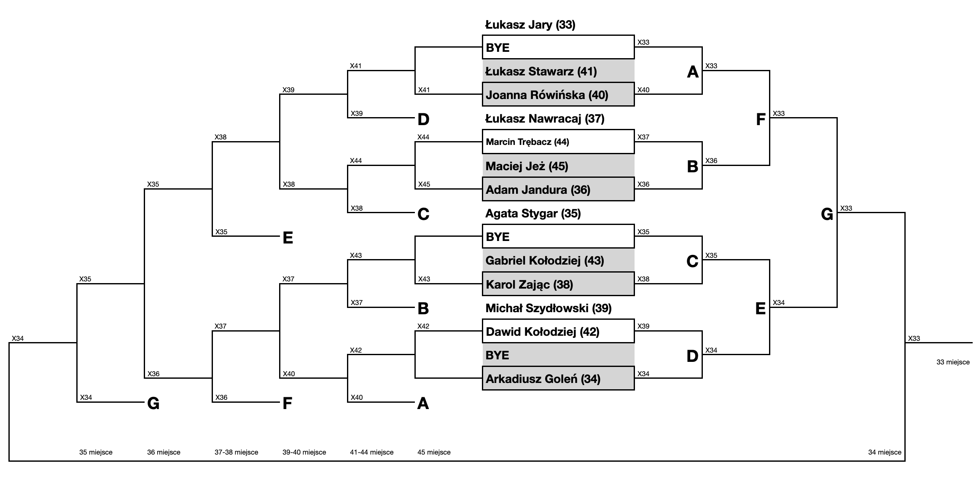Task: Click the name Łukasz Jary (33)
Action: coord(530,25)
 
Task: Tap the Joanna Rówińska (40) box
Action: coord(558,94)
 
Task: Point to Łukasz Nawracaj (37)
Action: coord(545,119)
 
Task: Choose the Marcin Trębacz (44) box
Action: coord(558,142)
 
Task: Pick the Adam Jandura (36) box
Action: coord(558,189)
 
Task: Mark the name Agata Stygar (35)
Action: coord(533,214)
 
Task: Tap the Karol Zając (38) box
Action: coord(558,284)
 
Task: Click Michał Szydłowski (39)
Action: coord(548,308)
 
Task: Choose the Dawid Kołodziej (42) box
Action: coord(558,331)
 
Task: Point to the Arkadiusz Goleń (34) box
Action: coord(558,378)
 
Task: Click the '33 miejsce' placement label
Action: coord(953,362)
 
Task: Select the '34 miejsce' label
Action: coord(885,452)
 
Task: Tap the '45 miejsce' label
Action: coord(434,452)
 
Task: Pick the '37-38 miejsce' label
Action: coord(236,452)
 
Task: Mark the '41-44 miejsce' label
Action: coord(371,452)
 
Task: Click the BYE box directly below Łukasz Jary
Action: coord(558,47)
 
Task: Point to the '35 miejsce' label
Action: coord(96,452)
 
